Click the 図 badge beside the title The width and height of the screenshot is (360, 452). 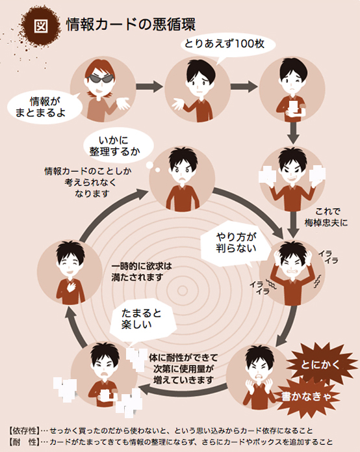point(40,26)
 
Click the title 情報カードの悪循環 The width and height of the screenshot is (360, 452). point(131,24)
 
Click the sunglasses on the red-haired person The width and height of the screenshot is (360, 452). point(99,79)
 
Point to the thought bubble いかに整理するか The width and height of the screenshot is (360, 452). point(118,146)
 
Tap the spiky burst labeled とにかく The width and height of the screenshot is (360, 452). point(320,365)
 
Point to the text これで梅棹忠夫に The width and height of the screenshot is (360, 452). point(327,217)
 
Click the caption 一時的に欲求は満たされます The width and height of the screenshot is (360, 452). point(142,272)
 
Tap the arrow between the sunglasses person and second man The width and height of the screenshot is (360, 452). point(149,86)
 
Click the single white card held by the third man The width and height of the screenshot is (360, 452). point(293,107)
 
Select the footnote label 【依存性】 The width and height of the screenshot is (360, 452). point(23,431)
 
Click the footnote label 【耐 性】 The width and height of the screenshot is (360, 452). point(23,442)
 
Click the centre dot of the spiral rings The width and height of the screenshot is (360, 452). point(183,291)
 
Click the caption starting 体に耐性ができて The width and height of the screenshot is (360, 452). point(183,369)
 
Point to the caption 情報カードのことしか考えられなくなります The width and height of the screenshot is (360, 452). point(88,182)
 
